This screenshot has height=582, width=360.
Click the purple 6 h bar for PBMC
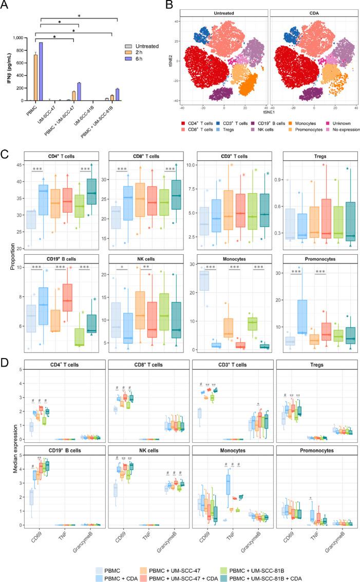tap(40, 71)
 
